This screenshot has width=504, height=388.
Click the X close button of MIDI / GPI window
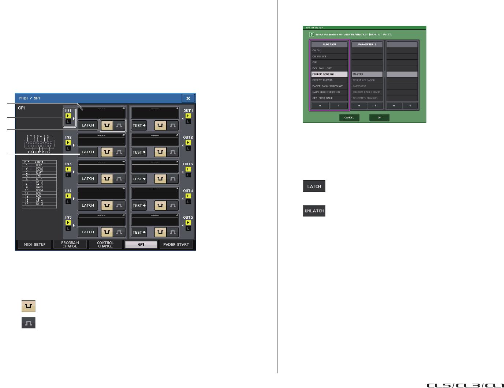(x=188, y=98)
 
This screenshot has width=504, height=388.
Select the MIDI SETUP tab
(x=35, y=245)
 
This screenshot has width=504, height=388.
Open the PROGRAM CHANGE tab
(x=70, y=245)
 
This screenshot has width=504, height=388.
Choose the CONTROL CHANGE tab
(x=105, y=245)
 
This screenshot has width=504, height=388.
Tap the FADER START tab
(x=176, y=245)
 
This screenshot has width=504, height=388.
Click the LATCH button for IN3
(x=88, y=179)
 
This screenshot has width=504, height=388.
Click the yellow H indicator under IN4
(x=68, y=196)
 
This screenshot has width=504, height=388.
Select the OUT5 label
(x=188, y=218)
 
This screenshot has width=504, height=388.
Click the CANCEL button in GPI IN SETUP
(x=349, y=117)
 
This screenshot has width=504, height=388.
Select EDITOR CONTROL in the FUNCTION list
(x=329, y=74)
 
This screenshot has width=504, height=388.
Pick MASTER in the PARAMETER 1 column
(x=367, y=74)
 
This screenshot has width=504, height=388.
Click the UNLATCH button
(x=314, y=211)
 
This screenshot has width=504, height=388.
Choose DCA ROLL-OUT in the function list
(x=329, y=68)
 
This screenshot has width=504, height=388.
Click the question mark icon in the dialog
(x=311, y=34)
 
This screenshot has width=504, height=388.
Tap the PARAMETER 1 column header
(x=367, y=44)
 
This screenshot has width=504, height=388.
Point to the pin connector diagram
(x=39, y=144)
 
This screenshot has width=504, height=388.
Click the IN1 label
(x=68, y=110)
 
